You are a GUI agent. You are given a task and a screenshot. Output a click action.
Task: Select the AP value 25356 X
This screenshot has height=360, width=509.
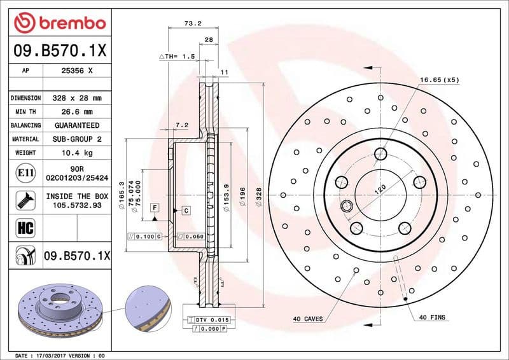76,71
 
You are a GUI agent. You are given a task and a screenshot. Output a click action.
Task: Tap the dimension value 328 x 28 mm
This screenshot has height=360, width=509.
76,99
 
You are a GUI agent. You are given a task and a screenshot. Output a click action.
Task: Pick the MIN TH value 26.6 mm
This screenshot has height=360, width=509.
76,112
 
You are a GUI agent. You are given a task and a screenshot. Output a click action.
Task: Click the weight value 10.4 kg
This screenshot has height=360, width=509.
76,153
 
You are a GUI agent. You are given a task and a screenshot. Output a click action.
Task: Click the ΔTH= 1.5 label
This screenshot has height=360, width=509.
176,57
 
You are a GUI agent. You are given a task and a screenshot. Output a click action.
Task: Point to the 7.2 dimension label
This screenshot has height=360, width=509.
181,125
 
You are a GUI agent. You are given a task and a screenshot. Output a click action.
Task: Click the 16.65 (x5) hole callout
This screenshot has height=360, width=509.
438,80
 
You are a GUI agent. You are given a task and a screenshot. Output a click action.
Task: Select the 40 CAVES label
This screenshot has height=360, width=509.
307,318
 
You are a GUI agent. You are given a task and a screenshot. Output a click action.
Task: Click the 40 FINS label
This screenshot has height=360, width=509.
432,317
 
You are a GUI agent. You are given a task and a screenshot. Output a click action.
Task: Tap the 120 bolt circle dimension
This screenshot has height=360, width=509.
380,189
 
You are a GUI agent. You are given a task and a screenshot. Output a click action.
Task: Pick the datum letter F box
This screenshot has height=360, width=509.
154,208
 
